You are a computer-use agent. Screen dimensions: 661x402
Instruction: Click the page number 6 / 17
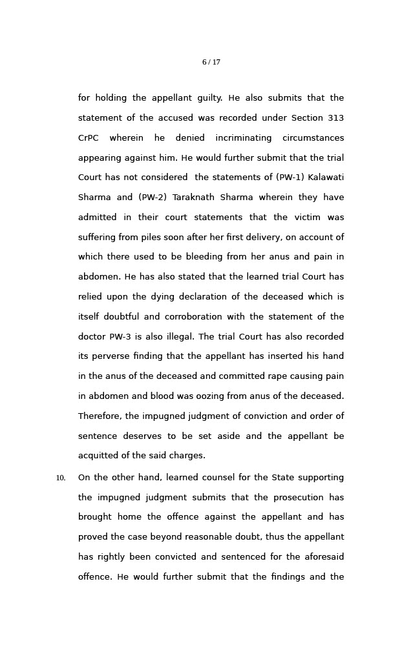(x=211, y=63)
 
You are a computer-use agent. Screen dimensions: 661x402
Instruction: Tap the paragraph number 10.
(x=61, y=478)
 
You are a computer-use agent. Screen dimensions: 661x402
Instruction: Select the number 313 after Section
(x=335, y=118)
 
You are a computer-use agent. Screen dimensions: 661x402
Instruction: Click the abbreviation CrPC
(x=89, y=138)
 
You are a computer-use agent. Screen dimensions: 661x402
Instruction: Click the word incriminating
(x=244, y=138)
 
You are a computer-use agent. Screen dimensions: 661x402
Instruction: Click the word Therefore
(x=99, y=416)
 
